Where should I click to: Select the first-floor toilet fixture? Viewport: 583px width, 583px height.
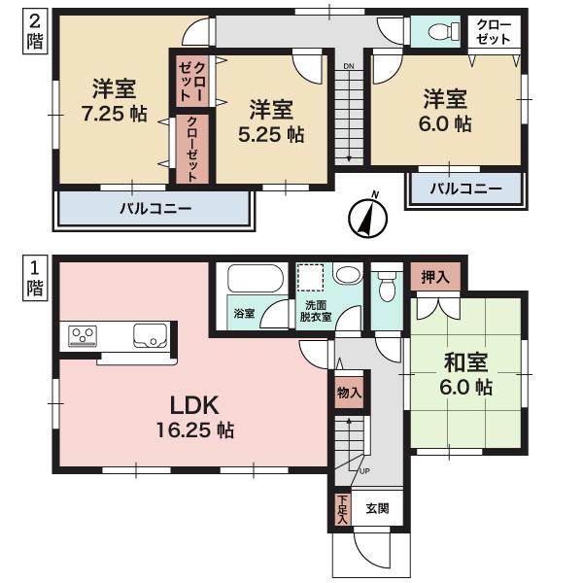point(387,288)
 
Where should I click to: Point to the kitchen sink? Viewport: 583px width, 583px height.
point(153,336)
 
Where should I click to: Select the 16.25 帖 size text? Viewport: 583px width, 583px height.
point(198,429)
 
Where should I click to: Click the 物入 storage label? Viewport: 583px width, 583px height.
point(349,393)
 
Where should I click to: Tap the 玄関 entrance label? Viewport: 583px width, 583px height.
point(377,506)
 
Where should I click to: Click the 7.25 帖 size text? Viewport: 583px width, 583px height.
point(114,114)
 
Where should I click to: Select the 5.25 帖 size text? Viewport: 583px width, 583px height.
point(271,135)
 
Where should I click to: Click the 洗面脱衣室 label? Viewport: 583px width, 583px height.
point(314,310)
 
